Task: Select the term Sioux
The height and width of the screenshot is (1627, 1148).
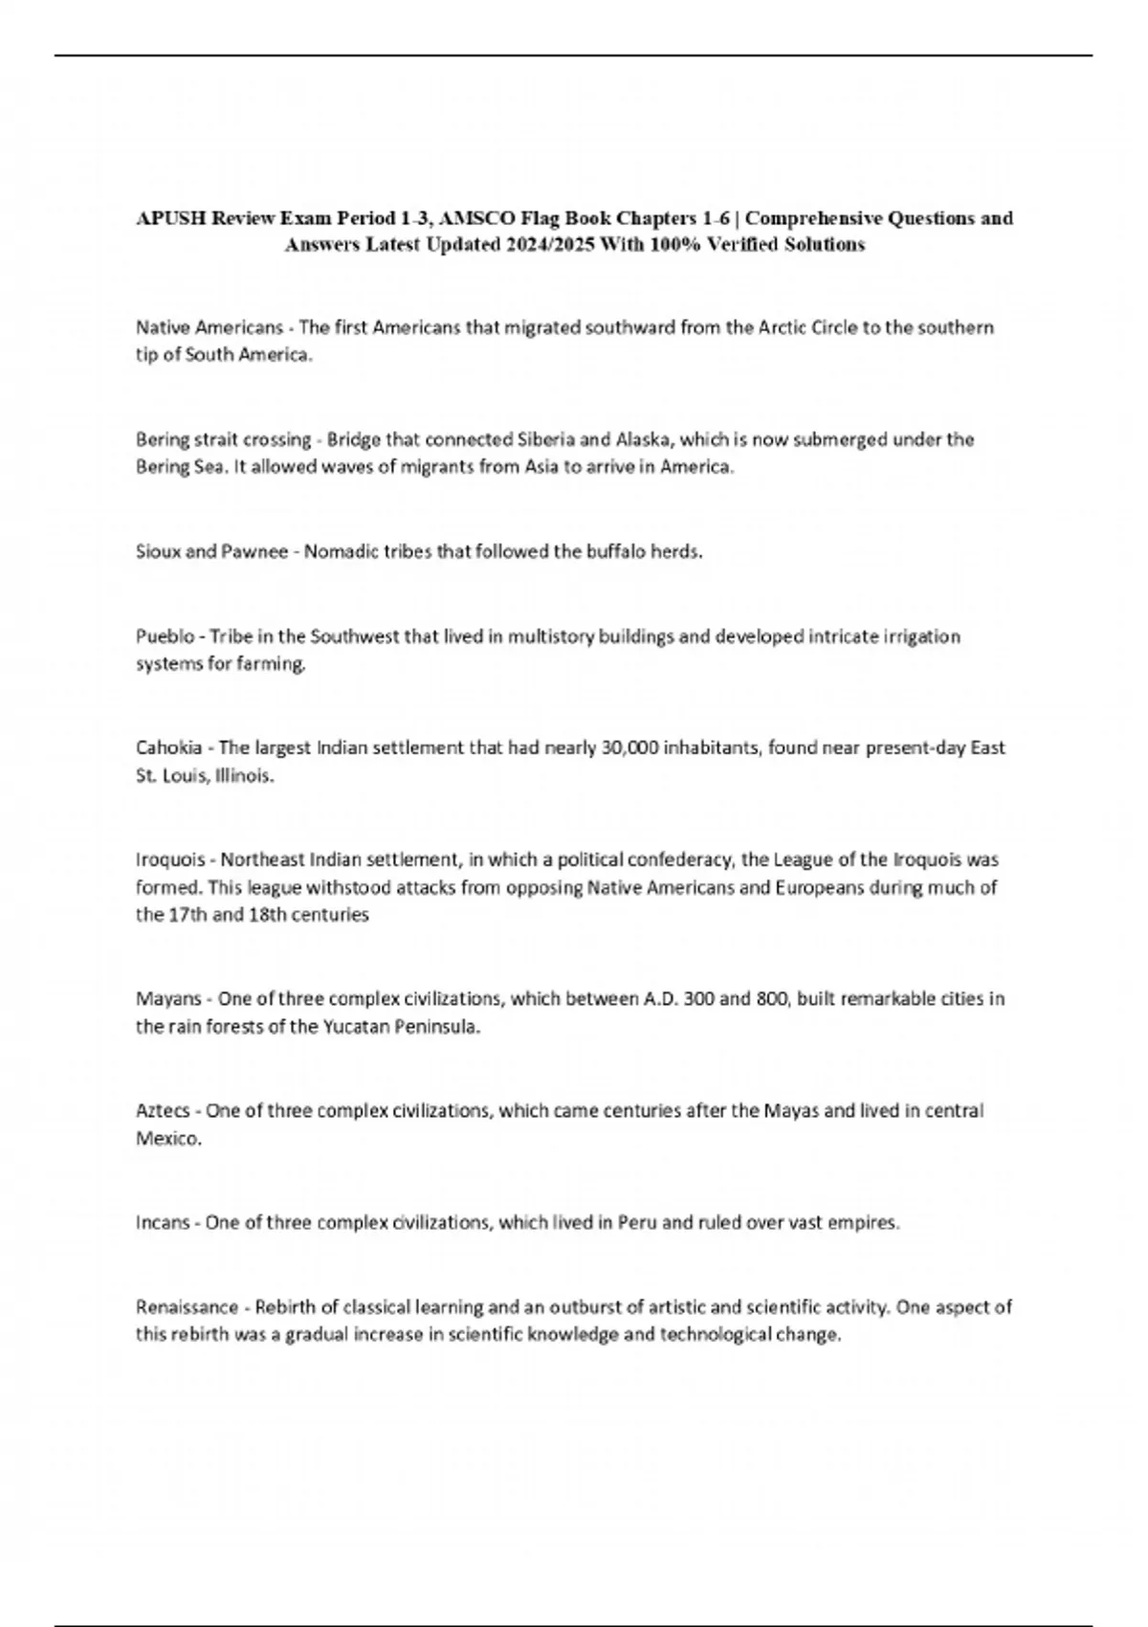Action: tap(156, 552)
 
